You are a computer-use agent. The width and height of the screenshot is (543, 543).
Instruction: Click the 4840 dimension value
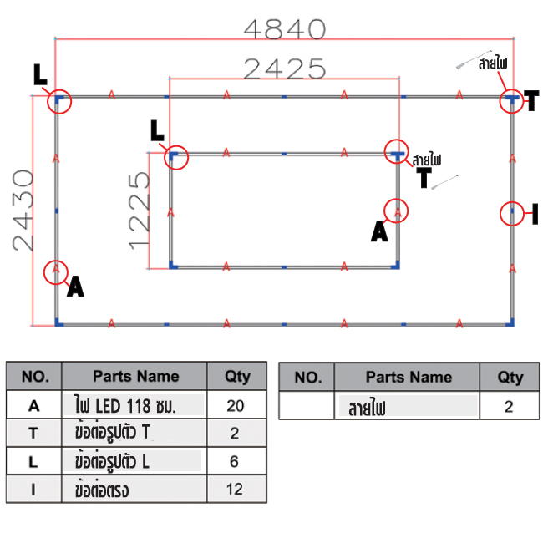[284, 29]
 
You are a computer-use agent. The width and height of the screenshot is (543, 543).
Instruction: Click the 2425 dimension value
[284, 68]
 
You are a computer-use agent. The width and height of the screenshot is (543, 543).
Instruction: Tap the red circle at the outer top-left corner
[58, 101]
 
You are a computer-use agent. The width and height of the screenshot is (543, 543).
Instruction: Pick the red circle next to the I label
[512, 214]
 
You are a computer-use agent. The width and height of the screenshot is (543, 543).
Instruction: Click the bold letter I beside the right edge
[534, 215]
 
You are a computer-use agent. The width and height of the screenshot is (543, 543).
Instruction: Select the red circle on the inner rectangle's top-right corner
[398, 152]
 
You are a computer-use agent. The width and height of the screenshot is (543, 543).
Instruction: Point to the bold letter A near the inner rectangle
[380, 231]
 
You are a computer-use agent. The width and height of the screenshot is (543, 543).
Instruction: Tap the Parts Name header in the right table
[409, 377]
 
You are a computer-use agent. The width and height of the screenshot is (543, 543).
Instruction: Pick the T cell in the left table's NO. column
[34, 433]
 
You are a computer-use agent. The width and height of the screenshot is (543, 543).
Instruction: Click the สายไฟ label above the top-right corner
[493, 63]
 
